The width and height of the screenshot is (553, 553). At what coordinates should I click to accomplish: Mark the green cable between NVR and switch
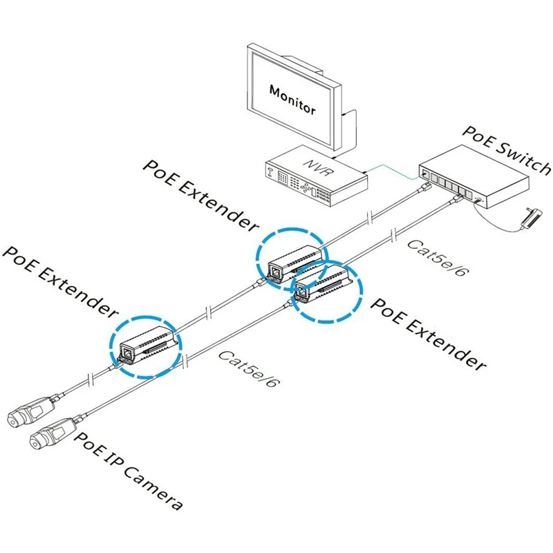pyautogui.click(x=391, y=170)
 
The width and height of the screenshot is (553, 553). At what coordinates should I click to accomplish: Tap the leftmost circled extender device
pyautogui.click(x=147, y=343)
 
